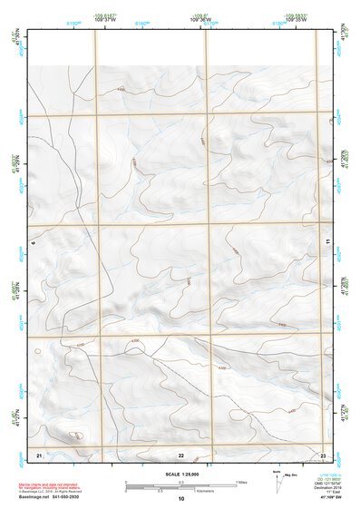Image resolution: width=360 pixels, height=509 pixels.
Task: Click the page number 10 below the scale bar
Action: click(x=180, y=499)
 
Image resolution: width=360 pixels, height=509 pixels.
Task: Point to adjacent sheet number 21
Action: click(x=39, y=453)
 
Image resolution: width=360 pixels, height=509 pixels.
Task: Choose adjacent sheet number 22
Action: click(x=180, y=454)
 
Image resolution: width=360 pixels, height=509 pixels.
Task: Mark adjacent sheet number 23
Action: click(x=323, y=453)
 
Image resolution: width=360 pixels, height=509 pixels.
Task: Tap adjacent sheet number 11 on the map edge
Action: click(x=328, y=240)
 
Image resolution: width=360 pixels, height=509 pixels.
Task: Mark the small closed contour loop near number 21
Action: click(x=79, y=437)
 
